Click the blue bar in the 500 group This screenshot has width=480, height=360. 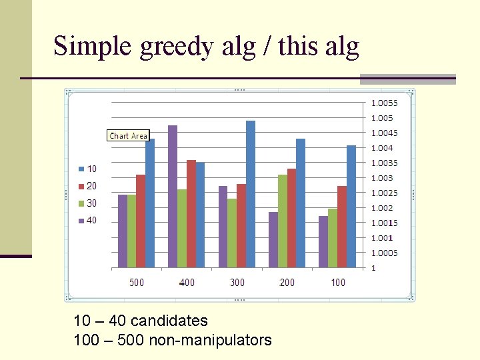(x=150, y=203)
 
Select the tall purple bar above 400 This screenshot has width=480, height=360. (x=173, y=197)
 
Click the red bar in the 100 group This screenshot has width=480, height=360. (x=342, y=227)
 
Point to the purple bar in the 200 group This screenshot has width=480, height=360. (x=273, y=240)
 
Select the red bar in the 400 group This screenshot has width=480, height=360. (x=191, y=214)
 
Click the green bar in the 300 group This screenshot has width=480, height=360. (x=232, y=233)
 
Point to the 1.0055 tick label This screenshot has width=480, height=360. (x=384, y=103)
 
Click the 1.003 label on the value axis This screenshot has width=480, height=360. (x=382, y=178)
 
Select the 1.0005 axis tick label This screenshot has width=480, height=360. (x=384, y=253)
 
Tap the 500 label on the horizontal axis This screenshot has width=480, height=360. (x=137, y=283)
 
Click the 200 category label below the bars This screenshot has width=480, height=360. (x=287, y=283)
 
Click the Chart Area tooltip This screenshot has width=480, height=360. (x=129, y=135)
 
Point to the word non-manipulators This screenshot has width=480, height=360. (x=210, y=341)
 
